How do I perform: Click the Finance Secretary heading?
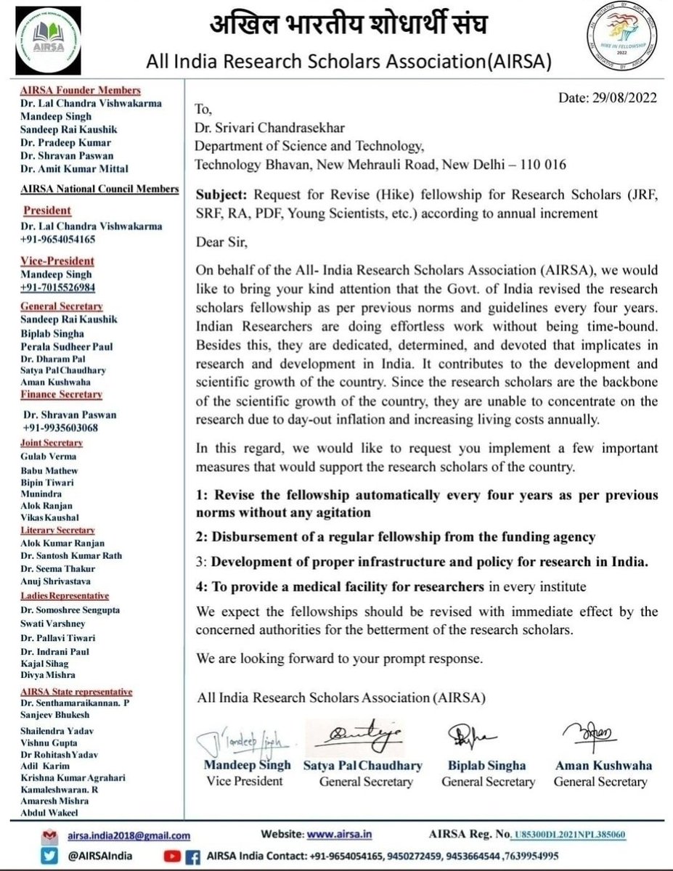(x=61, y=394)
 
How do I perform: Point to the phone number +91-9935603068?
(x=63, y=428)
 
